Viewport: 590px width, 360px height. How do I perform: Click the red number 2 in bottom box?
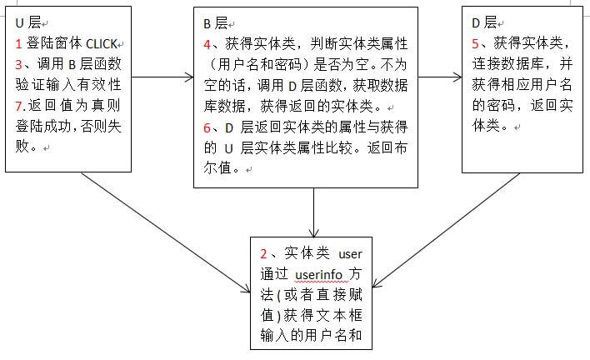click(x=263, y=253)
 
